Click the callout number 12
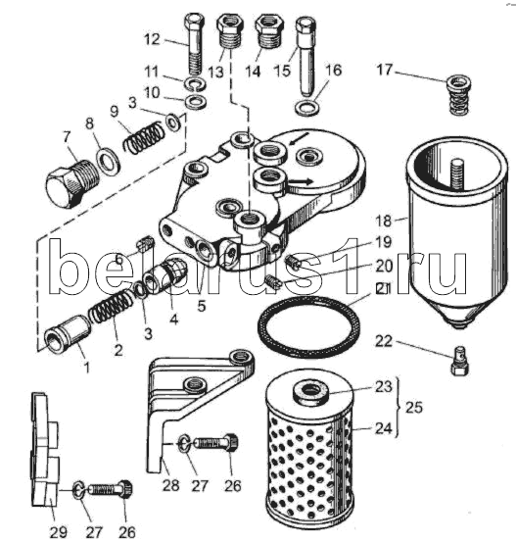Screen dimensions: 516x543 click(x=153, y=39)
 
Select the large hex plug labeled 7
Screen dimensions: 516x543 click(x=71, y=183)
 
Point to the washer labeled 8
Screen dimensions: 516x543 click(x=109, y=160)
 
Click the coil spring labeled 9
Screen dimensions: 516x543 click(x=144, y=136)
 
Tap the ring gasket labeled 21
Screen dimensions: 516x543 click(x=308, y=325)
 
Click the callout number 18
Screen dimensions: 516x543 click(x=384, y=221)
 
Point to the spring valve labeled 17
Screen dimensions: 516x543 click(x=459, y=94)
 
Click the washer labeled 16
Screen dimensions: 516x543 click(x=307, y=108)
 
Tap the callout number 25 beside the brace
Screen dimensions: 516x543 click(x=413, y=408)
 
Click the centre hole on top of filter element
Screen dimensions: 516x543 click(x=310, y=390)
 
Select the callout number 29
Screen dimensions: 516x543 click(x=59, y=531)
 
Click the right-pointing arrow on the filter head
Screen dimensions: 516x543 click(x=301, y=181)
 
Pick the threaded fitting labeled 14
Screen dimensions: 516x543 click(x=269, y=32)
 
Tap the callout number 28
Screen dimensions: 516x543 click(x=170, y=485)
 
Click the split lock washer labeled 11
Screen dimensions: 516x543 click(x=195, y=83)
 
